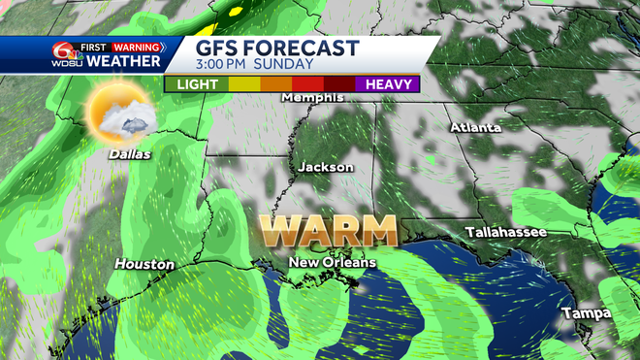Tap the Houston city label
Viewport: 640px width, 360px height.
pyautogui.click(x=144, y=264)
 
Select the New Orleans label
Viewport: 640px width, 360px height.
pyautogui.click(x=333, y=263)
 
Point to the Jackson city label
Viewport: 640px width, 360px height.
pyautogui.click(x=325, y=167)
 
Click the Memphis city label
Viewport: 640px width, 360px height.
pyautogui.click(x=313, y=97)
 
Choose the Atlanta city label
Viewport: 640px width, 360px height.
pyautogui.click(x=475, y=127)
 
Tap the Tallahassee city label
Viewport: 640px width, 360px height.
pyautogui.click(x=505, y=233)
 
